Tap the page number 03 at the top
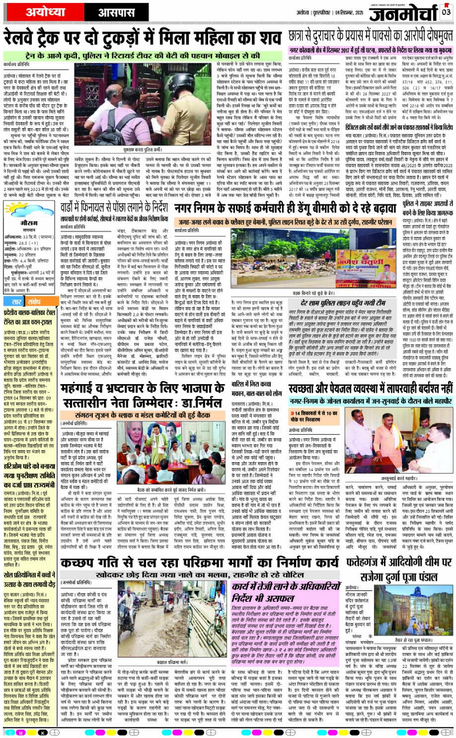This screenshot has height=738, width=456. point(446,10)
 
